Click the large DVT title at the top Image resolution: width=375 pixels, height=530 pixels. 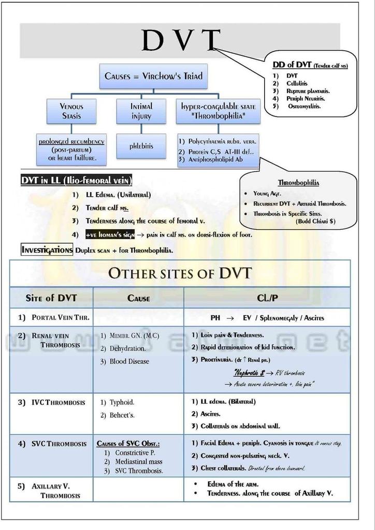181,40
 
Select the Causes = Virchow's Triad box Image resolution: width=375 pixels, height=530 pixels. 153,76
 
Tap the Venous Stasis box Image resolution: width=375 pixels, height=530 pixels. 71,111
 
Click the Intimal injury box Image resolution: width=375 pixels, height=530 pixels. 141,111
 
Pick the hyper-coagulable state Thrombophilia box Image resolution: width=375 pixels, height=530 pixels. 218,111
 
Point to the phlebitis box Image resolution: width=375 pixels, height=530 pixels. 141,146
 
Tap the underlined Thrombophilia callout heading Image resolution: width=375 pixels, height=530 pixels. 298,183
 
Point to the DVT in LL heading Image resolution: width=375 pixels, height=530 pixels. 76,180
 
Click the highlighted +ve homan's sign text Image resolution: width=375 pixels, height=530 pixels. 110,235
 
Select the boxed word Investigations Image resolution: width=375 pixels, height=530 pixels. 47,250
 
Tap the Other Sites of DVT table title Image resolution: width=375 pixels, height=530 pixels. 180,273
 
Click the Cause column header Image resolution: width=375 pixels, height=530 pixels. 138,298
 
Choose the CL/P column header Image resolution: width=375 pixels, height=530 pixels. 267,298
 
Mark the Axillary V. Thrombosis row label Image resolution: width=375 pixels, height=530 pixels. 55,491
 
